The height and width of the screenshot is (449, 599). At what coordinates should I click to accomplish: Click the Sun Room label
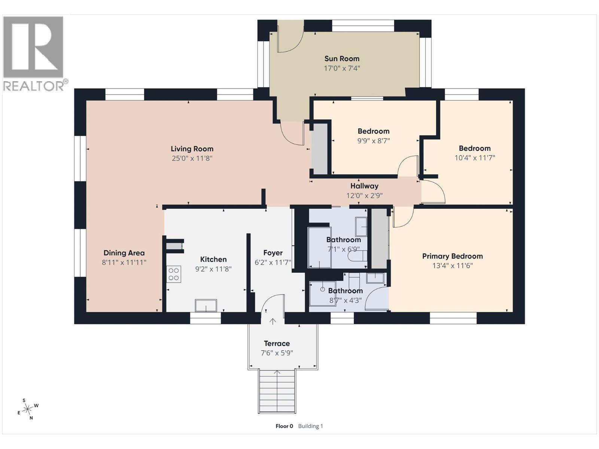point(341,59)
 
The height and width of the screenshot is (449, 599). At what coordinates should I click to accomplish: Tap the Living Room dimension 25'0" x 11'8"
point(192,158)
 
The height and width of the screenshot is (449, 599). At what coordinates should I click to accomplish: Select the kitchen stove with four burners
point(174,274)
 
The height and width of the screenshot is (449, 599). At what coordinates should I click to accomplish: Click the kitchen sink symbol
point(206,305)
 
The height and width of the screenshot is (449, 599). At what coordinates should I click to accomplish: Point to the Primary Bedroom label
point(452,256)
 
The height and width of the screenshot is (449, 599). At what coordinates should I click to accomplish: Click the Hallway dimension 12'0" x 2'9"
point(364,196)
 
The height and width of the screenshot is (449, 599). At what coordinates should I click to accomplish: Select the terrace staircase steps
point(277,391)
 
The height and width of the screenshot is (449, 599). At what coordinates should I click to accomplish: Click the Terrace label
point(277,343)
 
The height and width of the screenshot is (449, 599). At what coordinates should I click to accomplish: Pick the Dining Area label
point(124,253)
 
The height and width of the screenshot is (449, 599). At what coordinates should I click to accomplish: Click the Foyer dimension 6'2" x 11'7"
point(273,263)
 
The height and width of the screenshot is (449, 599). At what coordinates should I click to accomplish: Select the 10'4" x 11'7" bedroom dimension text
point(475,158)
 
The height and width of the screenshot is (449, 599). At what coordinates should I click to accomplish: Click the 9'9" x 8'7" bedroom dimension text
point(373,141)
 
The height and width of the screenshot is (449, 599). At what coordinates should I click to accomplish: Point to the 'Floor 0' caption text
point(285,426)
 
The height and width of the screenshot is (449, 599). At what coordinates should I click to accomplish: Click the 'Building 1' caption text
point(310,426)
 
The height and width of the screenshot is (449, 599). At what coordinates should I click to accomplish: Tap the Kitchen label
point(213,259)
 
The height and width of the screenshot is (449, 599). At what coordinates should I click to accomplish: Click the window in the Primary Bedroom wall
point(453,318)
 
